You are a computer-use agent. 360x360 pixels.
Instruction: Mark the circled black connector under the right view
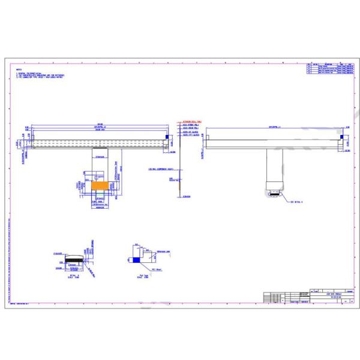(x=274, y=193)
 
